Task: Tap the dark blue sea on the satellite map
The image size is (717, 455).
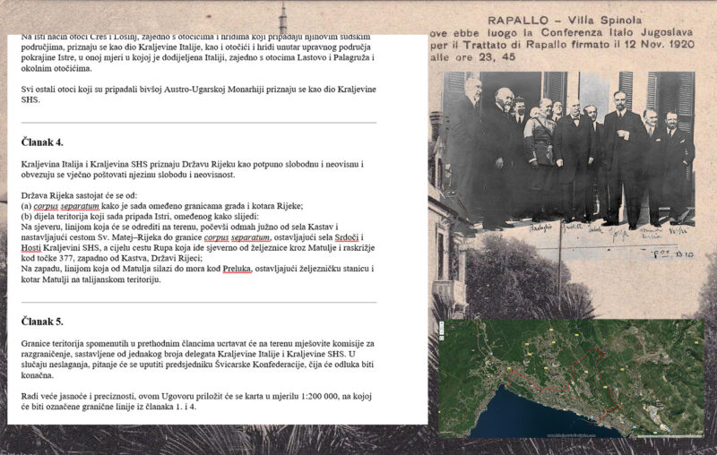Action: coord(502,412)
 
